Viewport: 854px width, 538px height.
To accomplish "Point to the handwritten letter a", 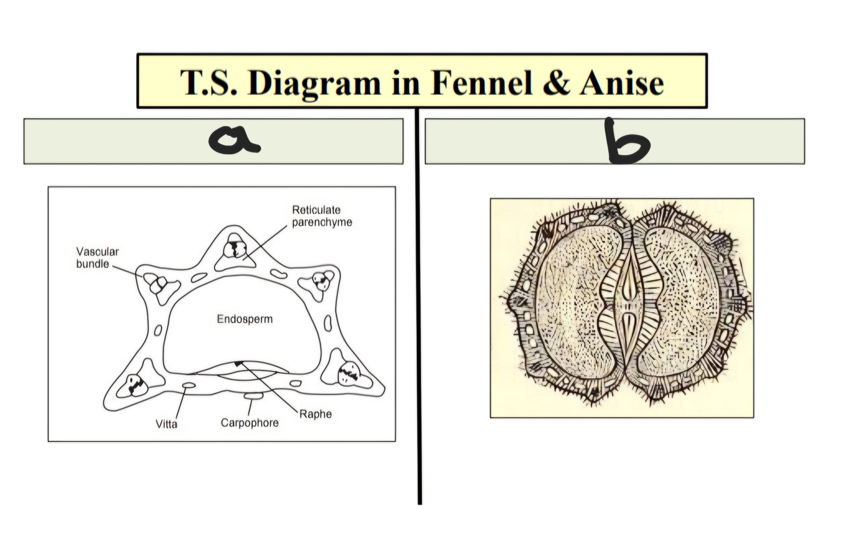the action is pyautogui.click(x=234, y=140).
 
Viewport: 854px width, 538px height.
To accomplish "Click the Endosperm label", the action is pyautogui.click(x=245, y=319).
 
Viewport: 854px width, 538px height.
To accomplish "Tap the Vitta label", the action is pyautogui.click(x=166, y=424).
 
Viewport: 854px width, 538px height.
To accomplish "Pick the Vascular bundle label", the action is pyautogui.click(x=97, y=258).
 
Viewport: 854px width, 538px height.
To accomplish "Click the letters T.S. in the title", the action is pyautogui.click(x=209, y=83).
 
